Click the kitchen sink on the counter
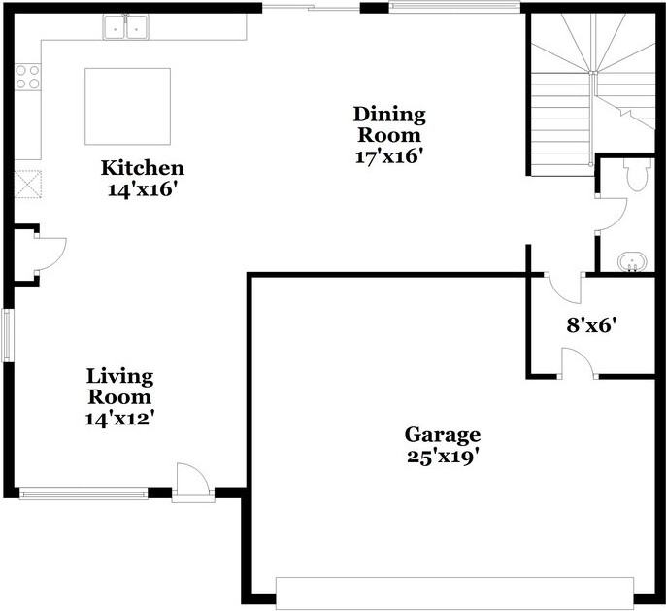tap(125, 27)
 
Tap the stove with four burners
tap(28, 78)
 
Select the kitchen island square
tap(127, 106)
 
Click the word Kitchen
tap(143, 168)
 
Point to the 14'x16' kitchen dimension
tap(142, 189)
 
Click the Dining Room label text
tap(389, 125)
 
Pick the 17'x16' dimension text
tap(390, 156)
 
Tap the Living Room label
tap(119, 387)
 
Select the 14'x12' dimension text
tap(119, 419)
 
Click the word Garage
tap(443, 435)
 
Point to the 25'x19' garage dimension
tap(443, 458)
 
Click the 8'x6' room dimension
tap(591, 325)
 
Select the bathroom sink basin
tap(632, 261)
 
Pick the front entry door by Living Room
tap(193, 479)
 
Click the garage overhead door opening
tap(454, 594)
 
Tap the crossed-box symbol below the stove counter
tap(28, 184)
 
